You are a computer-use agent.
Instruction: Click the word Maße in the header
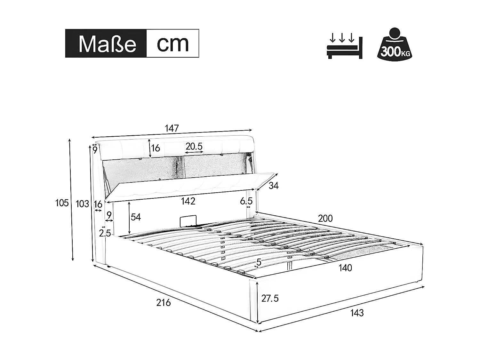pyautogui.click(x=107, y=44)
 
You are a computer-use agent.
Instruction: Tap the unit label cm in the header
pyautogui.click(x=172, y=44)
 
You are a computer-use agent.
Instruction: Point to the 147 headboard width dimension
pyautogui.click(x=172, y=129)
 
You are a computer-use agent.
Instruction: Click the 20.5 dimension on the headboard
pyautogui.click(x=194, y=147)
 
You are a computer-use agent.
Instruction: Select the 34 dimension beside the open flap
pyautogui.click(x=273, y=186)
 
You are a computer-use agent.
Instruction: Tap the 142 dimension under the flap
pyautogui.click(x=188, y=201)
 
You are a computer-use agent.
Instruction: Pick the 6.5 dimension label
pyautogui.click(x=246, y=201)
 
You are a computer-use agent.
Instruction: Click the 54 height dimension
pyautogui.click(x=136, y=217)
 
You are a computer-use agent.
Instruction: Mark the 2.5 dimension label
pyautogui.click(x=105, y=233)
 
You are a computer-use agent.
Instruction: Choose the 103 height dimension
pyautogui.click(x=82, y=204)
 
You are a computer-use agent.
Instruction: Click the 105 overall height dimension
pyautogui.click(x=62, y=203)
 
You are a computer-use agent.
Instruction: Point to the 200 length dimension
pyautogui.click(x=325, y=219)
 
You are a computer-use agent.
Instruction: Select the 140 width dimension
pyautogui.click(x=345, y=268)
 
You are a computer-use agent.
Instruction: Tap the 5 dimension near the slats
pyautogui.click(x=259, y=262)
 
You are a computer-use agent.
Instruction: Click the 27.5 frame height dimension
pyautogui.click(x=270, y=299)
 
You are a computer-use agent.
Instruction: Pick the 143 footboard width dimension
pyautogui.click(x=357, y=313)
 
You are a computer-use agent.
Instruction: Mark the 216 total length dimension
pyautogui.click(x=164, y=302)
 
